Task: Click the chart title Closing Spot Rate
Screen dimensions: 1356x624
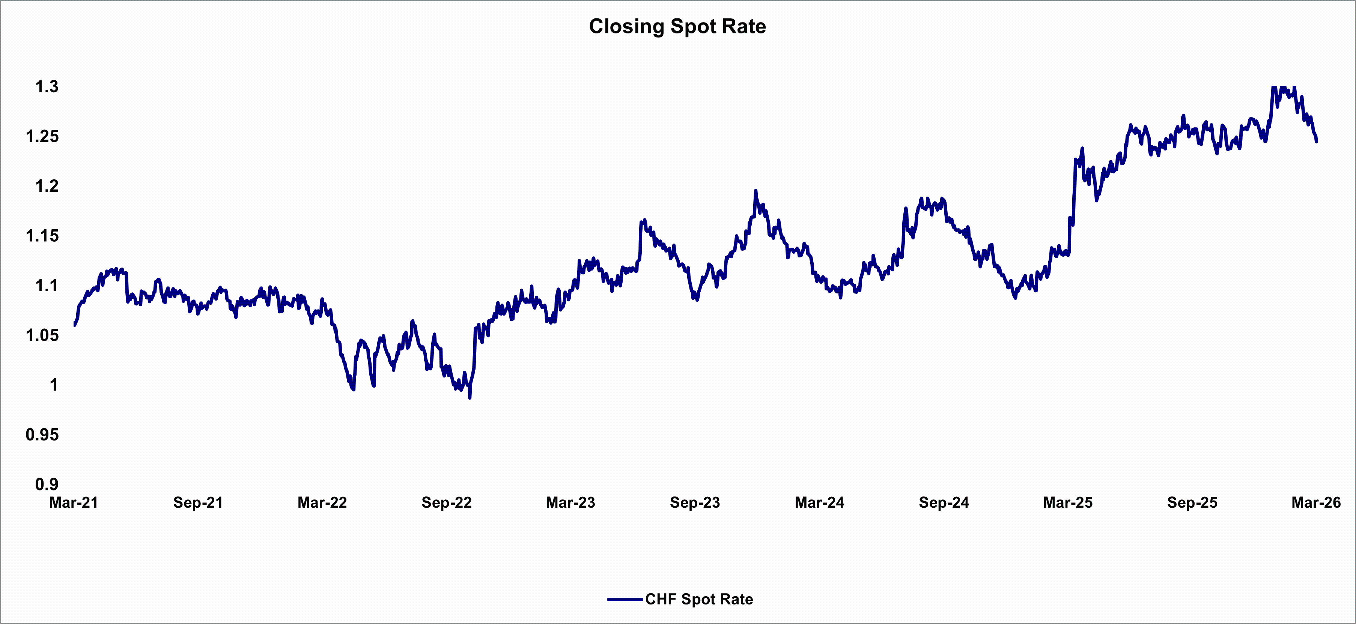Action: point(677,26)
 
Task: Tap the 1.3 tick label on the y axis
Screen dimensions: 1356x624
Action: point(47,86)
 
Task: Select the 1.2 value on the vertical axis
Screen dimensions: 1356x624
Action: point(47,186)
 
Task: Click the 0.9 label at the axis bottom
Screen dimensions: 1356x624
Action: point(47,484)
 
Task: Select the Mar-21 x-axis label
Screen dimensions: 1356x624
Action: point(74,502)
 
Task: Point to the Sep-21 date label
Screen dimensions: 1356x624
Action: point(198,502)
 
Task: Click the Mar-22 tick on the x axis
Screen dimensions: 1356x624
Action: point(322,502)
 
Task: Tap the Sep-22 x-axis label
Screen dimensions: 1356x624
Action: point(446,502)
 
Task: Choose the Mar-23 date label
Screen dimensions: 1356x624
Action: point(570,502)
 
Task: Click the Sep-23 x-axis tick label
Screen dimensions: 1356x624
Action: point(695,502)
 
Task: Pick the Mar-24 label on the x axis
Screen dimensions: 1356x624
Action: point(820,502)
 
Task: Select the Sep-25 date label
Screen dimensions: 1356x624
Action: point(1192,502)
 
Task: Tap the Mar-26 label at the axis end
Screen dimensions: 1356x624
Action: point(1316,502)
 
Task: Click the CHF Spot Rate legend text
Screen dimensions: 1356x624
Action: point(699,599)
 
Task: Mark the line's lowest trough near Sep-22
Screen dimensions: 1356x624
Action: point(470,398)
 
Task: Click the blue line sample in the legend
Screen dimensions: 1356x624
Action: point(625,599)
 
